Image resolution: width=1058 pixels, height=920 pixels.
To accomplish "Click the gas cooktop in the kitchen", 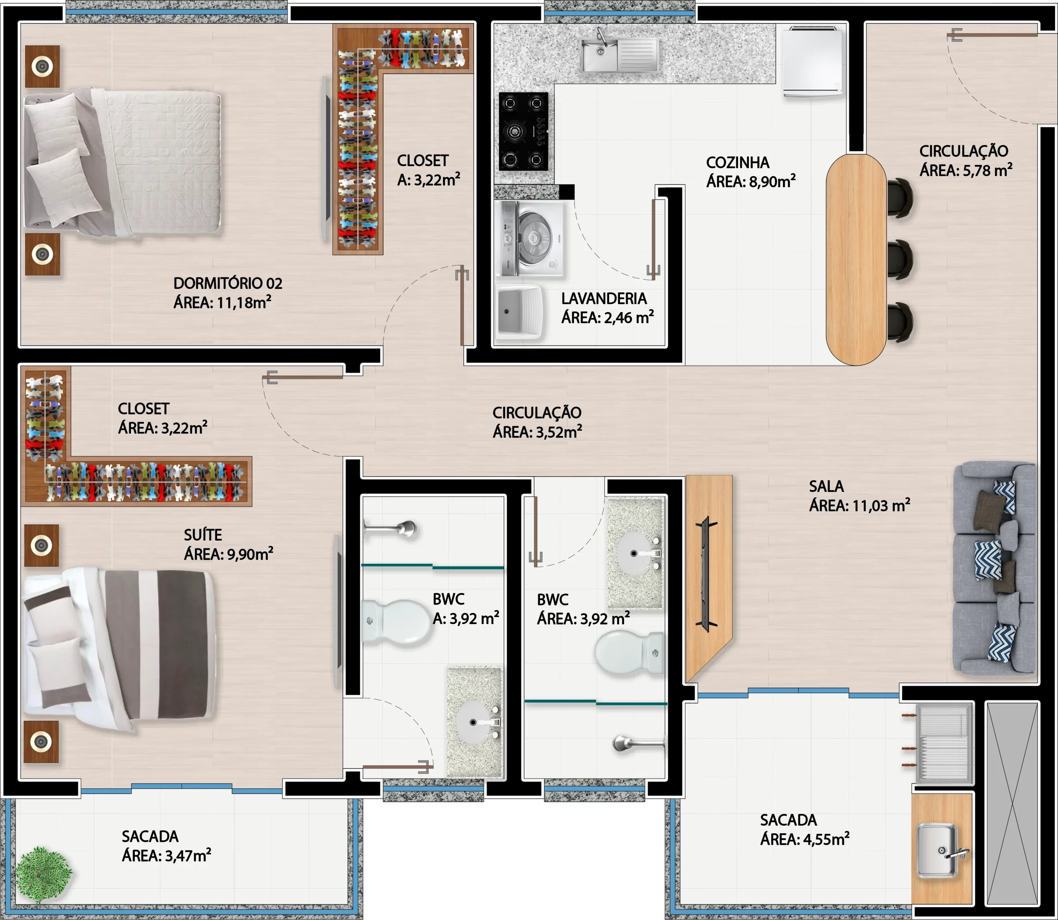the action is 524,131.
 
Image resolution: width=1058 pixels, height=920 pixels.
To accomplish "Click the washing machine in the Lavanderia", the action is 532,239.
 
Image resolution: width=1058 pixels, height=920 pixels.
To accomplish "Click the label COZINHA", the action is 738,163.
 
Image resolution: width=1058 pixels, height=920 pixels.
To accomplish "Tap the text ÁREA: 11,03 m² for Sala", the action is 859,506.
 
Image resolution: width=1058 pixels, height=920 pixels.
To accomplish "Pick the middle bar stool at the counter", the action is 900,260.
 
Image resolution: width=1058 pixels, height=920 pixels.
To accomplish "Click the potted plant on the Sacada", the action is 43,875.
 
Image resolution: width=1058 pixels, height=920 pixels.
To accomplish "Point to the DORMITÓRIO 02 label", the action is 227,284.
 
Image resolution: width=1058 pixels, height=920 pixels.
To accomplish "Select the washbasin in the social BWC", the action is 635,553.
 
